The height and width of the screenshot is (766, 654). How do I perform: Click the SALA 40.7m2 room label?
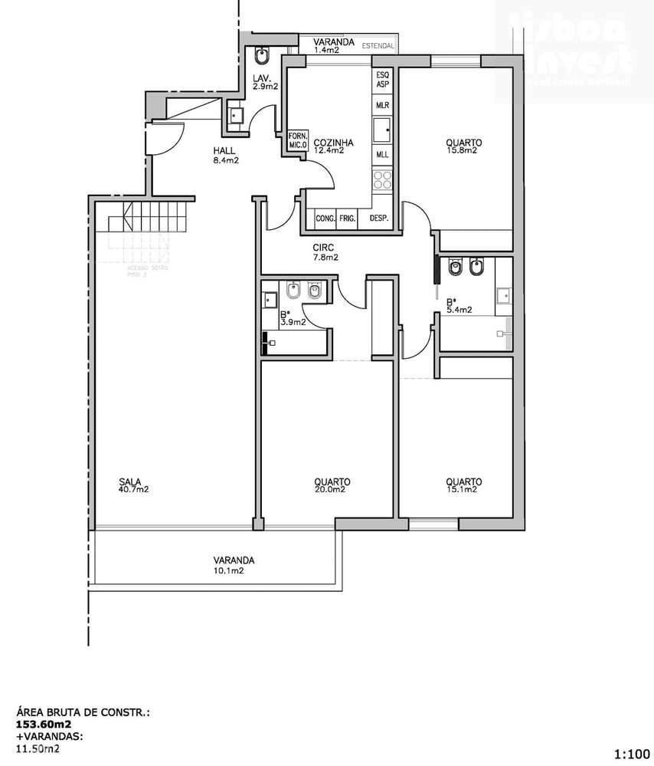pos(133,485)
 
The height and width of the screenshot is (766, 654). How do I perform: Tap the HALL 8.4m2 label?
pos(225,156)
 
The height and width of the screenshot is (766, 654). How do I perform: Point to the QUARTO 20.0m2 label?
pos(332,485)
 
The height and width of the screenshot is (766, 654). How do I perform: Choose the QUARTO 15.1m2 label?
pos(464,485)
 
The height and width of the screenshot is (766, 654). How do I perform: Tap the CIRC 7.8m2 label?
pos(325,252)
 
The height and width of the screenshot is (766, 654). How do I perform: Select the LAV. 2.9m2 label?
pos(265,81)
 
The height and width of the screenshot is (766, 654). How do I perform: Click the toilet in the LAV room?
pos(262,57)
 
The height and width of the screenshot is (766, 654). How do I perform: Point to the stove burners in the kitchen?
pos(382,181)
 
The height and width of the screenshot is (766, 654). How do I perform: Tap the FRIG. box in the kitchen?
pos(348,219)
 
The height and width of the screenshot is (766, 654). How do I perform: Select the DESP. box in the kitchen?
pos(379,219)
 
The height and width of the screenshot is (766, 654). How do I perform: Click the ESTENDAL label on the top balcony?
pos(378,46)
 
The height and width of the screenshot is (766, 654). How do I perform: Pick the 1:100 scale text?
pos(632,754)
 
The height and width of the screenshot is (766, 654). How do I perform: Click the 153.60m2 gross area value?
pos(44,723)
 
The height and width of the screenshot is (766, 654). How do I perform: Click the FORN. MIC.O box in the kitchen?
pos(297,140)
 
